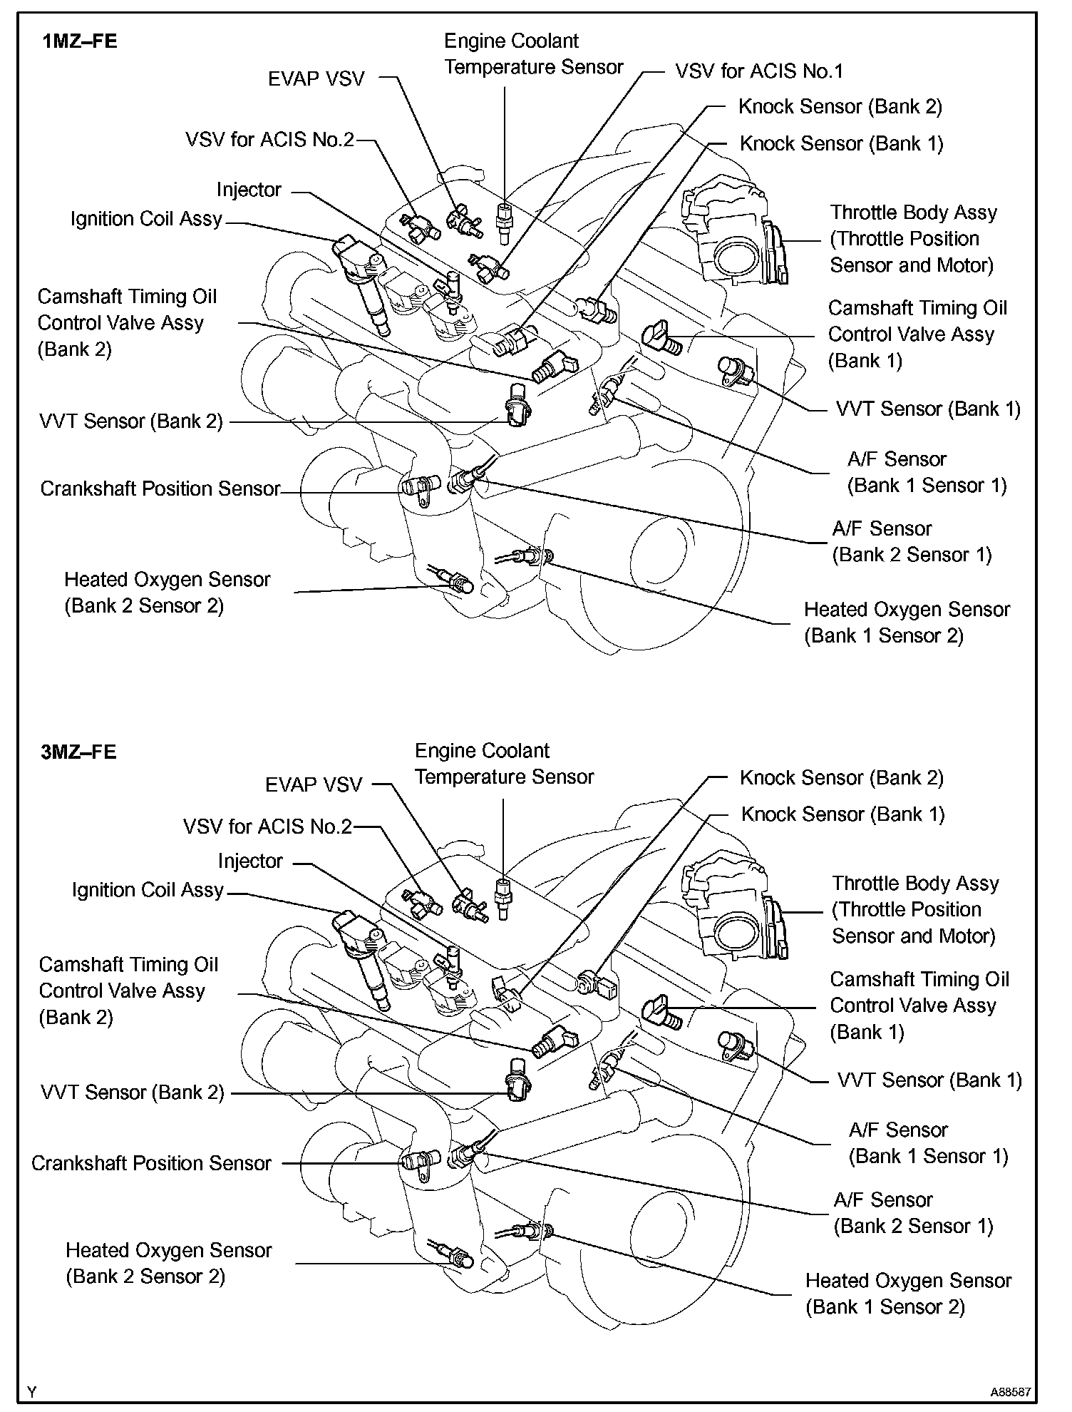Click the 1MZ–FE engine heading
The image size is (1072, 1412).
(x=80, y=41)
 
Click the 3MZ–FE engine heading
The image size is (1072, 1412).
(x=78, y=752)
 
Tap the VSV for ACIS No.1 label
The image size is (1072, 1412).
(x=758, y=71)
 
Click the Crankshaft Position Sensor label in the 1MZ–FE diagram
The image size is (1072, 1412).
(x=160, y=489)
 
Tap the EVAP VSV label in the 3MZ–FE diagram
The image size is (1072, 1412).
(x=314, y=785)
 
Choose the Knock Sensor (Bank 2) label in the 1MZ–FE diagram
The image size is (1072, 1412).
(x=840, y=107)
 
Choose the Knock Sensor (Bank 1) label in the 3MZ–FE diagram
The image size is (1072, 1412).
(x=842, y=814)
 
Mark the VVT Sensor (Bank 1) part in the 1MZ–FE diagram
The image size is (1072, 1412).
(x=734, y=371)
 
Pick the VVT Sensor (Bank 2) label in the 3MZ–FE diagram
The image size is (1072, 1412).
(x=133, y=1093)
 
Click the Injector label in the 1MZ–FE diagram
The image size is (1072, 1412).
(x=249, y=190)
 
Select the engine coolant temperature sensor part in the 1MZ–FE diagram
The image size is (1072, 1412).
(x=505, y=214)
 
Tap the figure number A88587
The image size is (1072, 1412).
(x=1010, y=1391)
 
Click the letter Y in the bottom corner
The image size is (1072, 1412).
(x=31, y=1391)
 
